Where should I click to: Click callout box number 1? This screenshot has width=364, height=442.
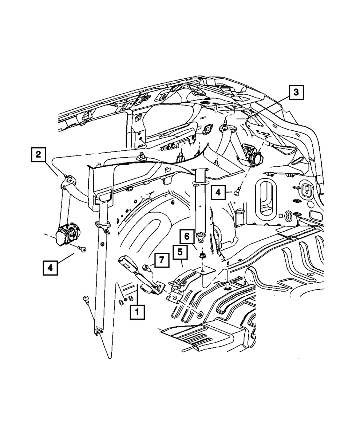point(137,312)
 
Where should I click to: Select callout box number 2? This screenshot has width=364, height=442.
point(37,154)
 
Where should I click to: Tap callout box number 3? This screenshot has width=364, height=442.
point(297,92)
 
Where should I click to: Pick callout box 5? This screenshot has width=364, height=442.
point(179,252)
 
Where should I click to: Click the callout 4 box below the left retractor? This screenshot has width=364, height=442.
point(50,268)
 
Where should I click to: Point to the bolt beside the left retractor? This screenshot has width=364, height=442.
point(83,249)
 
